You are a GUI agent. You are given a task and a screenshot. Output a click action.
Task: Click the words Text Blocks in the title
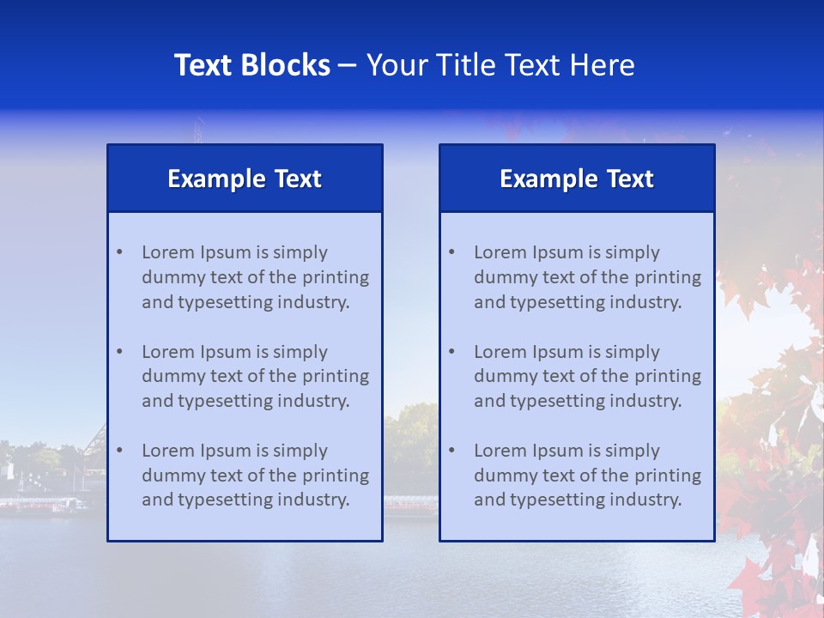pos(252,65)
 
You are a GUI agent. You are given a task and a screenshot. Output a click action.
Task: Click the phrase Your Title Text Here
pos(500,65)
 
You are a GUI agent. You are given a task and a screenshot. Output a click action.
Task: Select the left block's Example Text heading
pos(245,179)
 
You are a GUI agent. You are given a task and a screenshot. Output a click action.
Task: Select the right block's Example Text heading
pos(577,179)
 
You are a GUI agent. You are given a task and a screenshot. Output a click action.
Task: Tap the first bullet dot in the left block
pos(119,252)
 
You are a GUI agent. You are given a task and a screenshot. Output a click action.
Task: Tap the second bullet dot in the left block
pos(119,352)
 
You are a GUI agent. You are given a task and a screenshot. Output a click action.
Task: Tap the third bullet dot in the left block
pos(119,451)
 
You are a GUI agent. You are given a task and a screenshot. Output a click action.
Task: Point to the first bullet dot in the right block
pos(451,252)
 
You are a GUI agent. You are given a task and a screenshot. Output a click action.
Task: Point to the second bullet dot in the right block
pos(451,352)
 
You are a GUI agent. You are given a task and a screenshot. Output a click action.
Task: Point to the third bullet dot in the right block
pos(451,451)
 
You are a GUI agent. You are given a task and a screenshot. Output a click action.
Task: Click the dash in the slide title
pos(348,66)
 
